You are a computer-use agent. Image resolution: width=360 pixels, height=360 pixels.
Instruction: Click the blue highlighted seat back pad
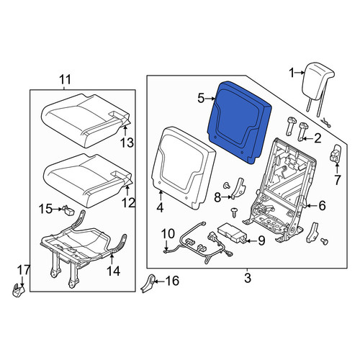pos(239,121)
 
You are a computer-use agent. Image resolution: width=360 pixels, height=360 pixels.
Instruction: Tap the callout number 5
pos(201,99)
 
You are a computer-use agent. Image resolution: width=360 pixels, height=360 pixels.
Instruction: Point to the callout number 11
pos(66,80)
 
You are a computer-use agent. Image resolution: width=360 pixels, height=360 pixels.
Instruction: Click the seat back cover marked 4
pos(184,168)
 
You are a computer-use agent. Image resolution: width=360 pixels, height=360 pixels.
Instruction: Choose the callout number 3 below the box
pos(248,278)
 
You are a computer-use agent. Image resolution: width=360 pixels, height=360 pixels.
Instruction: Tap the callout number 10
pos(168,234)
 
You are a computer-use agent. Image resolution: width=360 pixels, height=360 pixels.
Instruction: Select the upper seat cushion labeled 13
pos(86,120)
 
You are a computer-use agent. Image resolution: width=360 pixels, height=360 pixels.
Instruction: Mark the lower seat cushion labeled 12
pos(86,180)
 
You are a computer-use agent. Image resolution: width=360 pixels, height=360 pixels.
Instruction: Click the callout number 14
pos(113,271)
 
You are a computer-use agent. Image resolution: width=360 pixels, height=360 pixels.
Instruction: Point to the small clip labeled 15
pos(68,211)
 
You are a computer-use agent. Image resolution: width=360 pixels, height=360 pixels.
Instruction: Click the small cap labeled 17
pos(19,290)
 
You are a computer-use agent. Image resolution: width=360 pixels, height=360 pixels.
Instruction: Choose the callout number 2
pos(318,138)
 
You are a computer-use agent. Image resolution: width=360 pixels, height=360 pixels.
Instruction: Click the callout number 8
pos(217,197)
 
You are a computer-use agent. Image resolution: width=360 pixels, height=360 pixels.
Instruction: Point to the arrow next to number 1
pos(300,72)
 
